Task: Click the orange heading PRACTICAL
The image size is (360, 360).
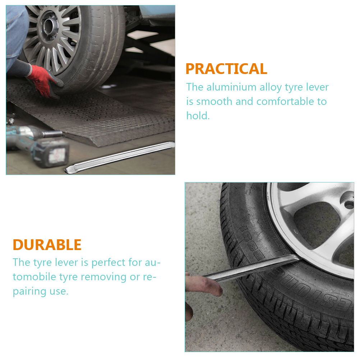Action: click(226, 69)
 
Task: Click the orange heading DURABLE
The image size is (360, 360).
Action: click(47, 245)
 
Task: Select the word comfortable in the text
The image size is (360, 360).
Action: click(285, 101)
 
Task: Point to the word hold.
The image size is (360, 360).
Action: click(198, 115)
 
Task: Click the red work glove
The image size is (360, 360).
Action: click(43, 80)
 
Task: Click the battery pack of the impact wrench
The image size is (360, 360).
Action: click(51, 153)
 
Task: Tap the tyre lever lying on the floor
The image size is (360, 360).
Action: click(119, 157)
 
